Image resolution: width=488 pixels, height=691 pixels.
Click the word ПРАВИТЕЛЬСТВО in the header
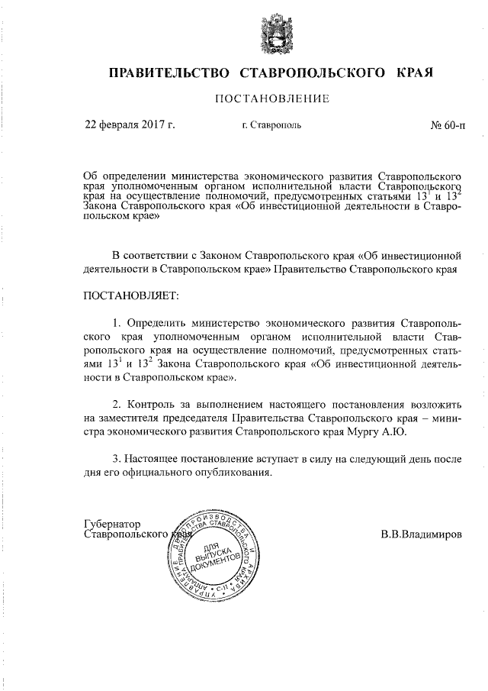click(x=170, y=73)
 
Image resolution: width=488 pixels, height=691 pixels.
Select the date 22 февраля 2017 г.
click(x=130, y=124)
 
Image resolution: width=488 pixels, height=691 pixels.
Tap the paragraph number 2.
click(x=117, y=402)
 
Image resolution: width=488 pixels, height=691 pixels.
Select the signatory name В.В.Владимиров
click(x=422, y=534)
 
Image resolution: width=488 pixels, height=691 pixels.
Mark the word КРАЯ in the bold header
click(x=415, y=73)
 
